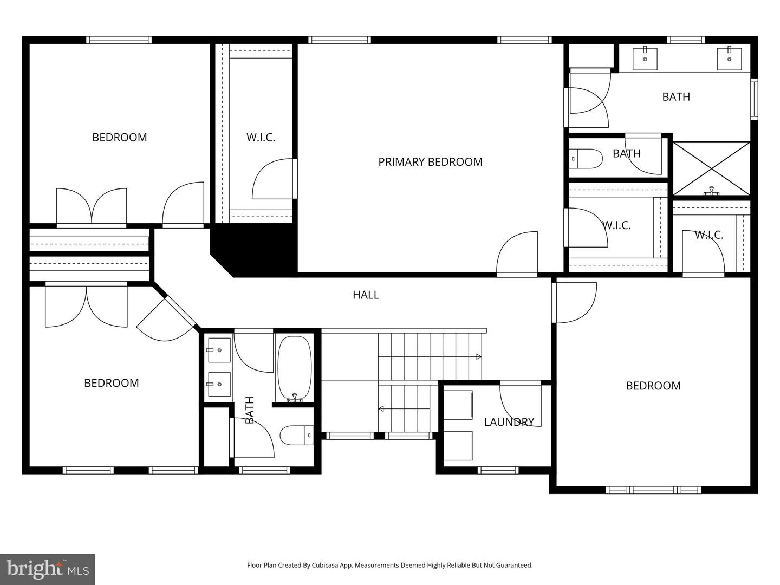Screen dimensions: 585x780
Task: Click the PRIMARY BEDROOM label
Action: pyautogui.click(x=430, y=161)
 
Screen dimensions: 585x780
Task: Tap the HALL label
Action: pyautogui.click(x=366, y=295)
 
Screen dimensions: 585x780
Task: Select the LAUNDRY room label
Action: pyautogui.click(x=509, y=421)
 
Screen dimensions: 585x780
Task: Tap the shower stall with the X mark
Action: pyautogui.click(x=711, y=168)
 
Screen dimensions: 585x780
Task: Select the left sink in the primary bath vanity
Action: pyautogui.click(x=645, y=58)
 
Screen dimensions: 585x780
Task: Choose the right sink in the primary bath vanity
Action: pyautogui.click(x=729, y=58)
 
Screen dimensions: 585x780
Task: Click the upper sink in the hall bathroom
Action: pyautogui.click(x=219, y=350)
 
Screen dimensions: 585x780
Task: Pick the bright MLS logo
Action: pyautogui.click(x=48, y=569)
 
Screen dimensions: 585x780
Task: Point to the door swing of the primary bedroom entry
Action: pyautogui.click(x=517, y=253)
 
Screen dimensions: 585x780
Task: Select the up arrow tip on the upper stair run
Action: pyautogui.click(x=479, y=356)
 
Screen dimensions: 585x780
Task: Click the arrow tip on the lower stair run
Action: pyautogui.click(x=380, y=409)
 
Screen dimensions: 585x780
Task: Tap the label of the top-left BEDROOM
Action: pyautogui.click(x=119, y=137)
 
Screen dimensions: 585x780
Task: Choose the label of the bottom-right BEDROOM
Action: pyautogui.click(x=653, y=386)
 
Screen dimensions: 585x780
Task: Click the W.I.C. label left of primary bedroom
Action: pyautogui.click(x=261, y=137)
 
